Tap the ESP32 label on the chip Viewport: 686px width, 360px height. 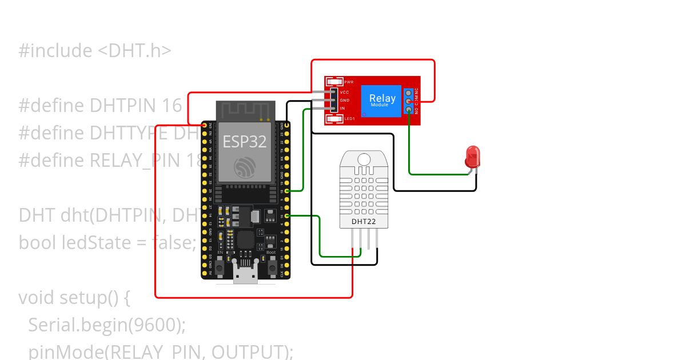[245, 142]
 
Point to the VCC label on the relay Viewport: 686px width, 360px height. [344, 92]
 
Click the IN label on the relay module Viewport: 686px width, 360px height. [342, 108]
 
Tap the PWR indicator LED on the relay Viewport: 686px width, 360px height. [334, 82]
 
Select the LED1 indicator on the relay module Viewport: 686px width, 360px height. [334, 118]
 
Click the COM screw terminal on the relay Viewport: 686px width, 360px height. [409, 101]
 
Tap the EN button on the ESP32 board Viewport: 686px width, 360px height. [220, 266]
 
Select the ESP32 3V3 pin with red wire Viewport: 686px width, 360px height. [204, 125]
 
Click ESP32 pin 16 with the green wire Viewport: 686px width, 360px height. [287, 215]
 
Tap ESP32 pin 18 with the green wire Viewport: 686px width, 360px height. [287, 190]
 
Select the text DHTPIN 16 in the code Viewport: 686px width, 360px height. [136, 106]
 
